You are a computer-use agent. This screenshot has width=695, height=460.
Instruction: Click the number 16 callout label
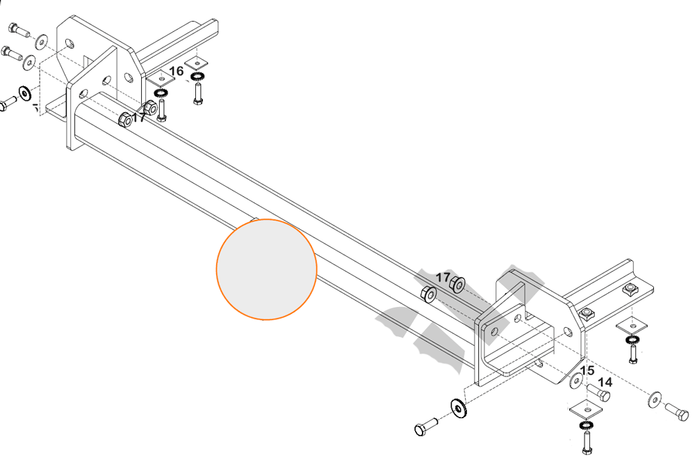tap(176, 71)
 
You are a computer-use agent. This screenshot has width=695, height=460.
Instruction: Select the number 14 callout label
tap(605, 382)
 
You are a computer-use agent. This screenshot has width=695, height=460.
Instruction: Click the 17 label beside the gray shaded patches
tap(443, 278)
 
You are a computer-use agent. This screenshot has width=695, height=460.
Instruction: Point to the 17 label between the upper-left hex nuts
tap(139, 117)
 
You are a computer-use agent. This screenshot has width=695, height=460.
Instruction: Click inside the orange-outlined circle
tap(266, 269)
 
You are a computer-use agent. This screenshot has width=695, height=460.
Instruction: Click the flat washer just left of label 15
tap(576, 381)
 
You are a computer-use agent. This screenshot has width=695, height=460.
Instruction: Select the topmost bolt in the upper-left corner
tap(19, 30)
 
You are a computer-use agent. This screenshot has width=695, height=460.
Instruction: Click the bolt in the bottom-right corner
tap(676, 411)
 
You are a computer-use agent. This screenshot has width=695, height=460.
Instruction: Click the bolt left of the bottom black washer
tap(426, 427)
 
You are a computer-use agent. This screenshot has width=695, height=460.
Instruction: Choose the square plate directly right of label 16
tap(197, 63)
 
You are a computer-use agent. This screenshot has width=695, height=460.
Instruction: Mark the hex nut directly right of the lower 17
tap(457, 284)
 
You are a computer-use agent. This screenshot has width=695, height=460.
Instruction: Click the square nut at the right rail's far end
tap(629, 291)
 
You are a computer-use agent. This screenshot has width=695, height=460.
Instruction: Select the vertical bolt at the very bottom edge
tap(587, 443)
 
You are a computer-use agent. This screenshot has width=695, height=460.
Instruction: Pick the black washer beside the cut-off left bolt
tap(24, 94)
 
